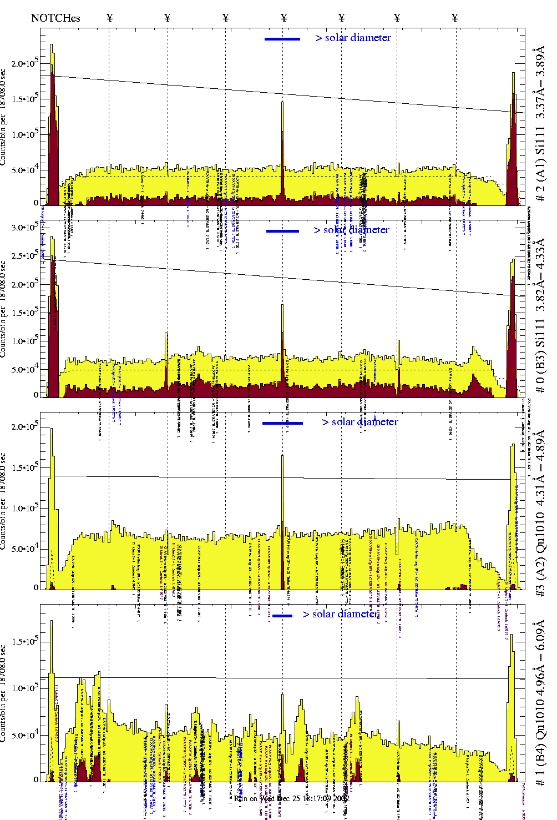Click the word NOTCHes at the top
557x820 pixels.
coord(55,18)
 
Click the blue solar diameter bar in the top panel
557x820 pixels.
coord(282,39)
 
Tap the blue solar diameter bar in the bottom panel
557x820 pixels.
coord(282,616)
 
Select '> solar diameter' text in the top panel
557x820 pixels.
coord(353,38)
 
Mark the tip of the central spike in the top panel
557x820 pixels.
coord(282,102)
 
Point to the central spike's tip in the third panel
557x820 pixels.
coord(282,456)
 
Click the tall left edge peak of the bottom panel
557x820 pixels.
coord(52,621)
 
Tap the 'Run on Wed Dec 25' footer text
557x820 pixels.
coord(291,798)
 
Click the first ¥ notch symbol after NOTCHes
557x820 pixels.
coord(110,18)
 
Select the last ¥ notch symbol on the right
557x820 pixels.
coord(455,18)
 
